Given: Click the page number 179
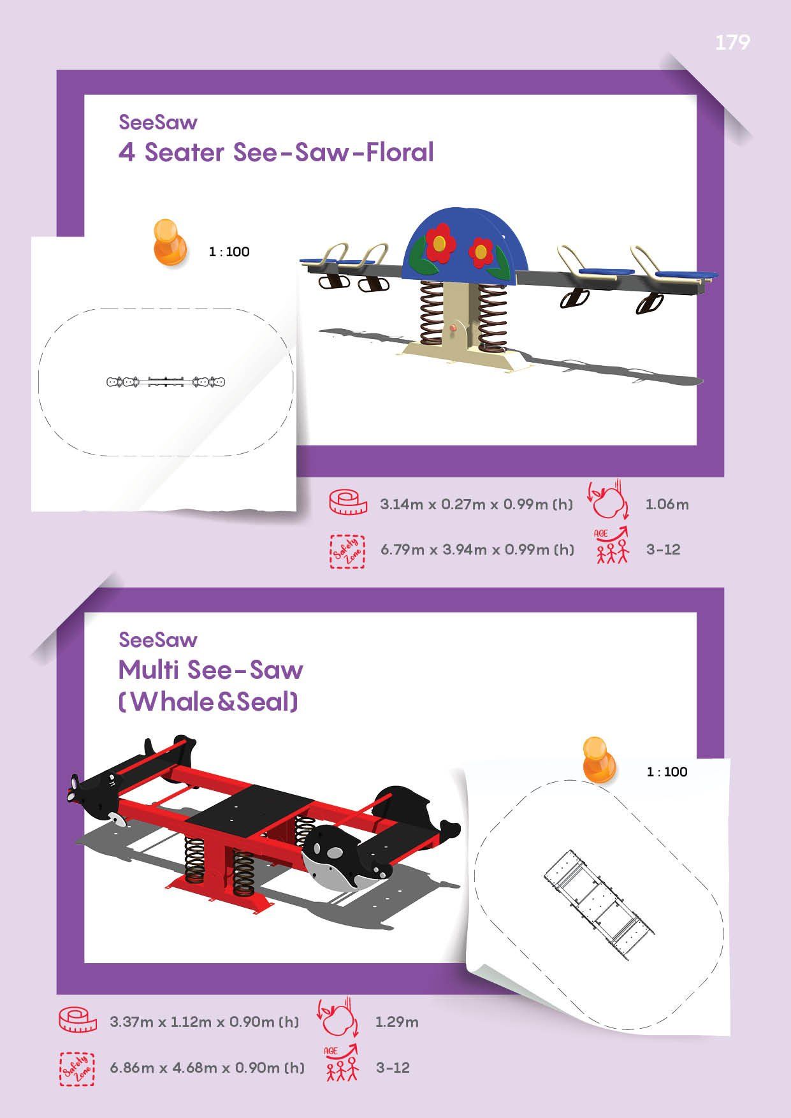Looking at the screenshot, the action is point(732,42).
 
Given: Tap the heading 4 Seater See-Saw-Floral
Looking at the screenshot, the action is point(276,152).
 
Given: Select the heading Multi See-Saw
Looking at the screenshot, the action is point(211,670).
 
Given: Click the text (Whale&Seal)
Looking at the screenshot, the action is point(208,702).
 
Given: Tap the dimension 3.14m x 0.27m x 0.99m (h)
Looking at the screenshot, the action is point(476,504).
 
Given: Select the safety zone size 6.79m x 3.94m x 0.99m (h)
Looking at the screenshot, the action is point(477,549).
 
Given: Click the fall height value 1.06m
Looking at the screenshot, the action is point(667,504).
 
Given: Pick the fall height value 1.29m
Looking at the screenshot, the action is point(396,1022).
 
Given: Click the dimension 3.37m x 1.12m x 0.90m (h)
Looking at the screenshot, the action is point(204,1022).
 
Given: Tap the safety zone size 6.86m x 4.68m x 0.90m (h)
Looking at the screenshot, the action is point(207,1067).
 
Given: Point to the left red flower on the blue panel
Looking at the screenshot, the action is point(439,243).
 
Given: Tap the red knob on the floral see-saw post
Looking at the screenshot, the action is point(454,328).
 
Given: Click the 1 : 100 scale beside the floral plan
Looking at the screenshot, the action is point(229,252).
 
